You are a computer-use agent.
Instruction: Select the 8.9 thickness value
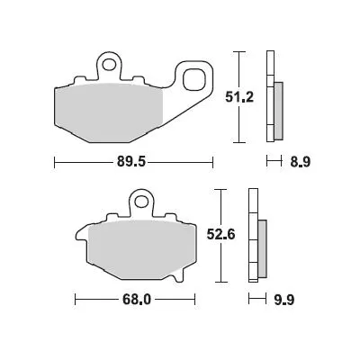coord(295,163)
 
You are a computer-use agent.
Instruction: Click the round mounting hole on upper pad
coord(109,65)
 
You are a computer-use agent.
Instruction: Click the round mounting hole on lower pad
coord(139,200)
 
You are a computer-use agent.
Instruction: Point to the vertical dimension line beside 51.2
coord(238,96)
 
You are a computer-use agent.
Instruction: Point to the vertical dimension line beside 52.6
coord(221,238)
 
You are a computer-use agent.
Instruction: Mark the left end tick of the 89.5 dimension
coord(55,163)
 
